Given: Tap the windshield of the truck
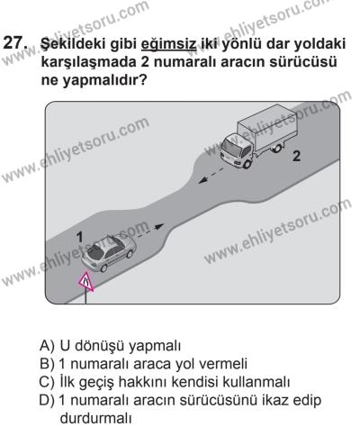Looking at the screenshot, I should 237,145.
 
